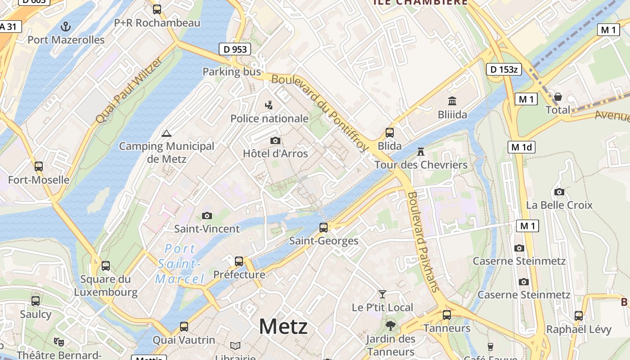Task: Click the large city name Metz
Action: [283, 327]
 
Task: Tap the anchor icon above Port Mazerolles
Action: [66, 26]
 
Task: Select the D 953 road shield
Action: [234, 49]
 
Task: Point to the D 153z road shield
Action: [504, 69]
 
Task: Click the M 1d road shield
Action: [522, 147]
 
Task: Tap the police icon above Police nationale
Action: [269, 105]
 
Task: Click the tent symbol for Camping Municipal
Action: [166, 133]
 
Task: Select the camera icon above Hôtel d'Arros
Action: [275, 141]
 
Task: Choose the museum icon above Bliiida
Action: [452, 101]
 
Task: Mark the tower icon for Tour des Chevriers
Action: [421, 152]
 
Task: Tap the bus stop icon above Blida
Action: [390, 133]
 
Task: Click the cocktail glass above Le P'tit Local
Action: [382, 294]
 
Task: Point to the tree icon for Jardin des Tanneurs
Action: [390, 326]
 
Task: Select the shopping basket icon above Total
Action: [558, 97]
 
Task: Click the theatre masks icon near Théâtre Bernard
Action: [58, 342]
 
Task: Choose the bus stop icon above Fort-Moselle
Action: [39, 166]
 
